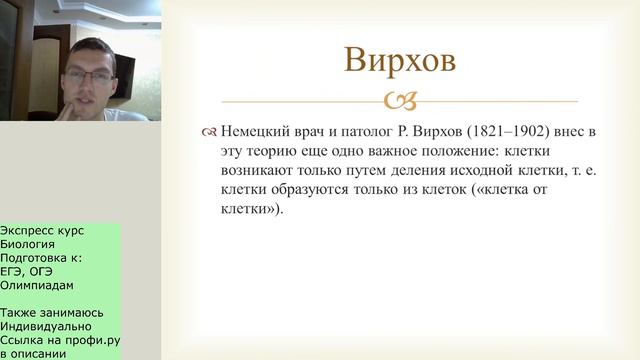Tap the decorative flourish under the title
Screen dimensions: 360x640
pyautogui.click(x=399, y=101)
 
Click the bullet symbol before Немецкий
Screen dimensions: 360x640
pyautogui.click(x=208, y=133)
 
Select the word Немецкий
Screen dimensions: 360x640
pyautogui.click(x=257, y=132)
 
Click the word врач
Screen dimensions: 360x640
pyautogui.click(x=317, y=132)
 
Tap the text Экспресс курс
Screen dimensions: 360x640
pyautogui.click(x=43, y=230)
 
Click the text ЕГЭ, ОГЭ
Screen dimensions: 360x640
pyautogui.click(x=32, y=269)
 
